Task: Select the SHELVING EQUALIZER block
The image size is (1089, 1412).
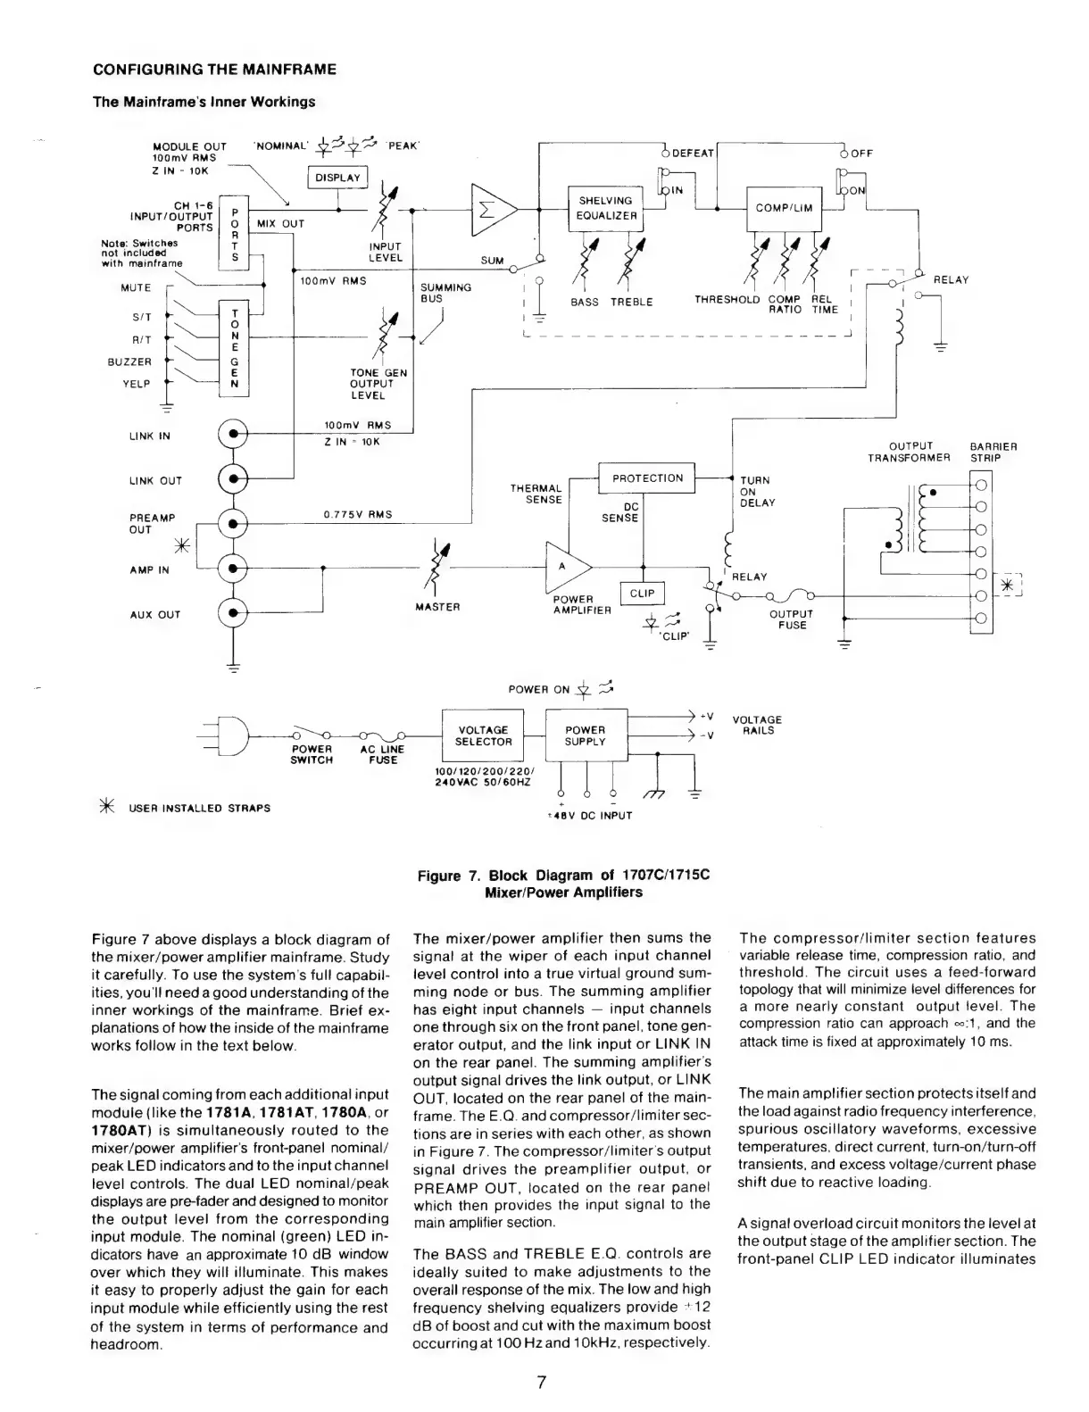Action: [x=605, y=208]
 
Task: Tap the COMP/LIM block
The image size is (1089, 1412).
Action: [x=784, y=208]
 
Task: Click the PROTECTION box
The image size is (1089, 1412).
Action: [x=647, y=478]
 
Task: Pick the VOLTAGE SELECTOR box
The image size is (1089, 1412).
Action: [x=483, y=735]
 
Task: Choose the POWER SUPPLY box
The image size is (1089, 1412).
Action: [x=585, y=735]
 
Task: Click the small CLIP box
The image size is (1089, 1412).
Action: [x=643, y=594]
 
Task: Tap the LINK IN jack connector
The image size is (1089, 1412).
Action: [x=233, y=436]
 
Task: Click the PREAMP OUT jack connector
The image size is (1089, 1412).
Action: [x=233, y=523]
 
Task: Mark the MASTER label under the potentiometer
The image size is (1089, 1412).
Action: [x=437, y=607]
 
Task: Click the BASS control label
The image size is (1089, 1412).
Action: [x=585, y=303]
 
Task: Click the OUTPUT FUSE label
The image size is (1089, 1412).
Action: [x=791, y=619]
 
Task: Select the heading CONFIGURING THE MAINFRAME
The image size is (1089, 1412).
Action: [x=215, y=69]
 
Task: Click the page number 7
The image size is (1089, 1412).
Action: [x=541, y=1383]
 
